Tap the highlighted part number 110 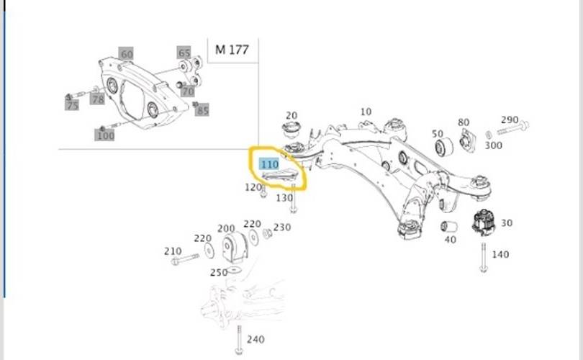pyautogui.click(x=269, y=164)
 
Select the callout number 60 pyautogui.click(x=126, y=54)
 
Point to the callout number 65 pyautogui.click(x=184, y=53)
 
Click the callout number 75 pyautogui.click(x=72, y=105)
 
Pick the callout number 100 pyautogui.click(x=105, y=135)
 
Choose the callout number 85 pyautogui.click(x=202, y=111)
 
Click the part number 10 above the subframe pyautogui.click(x=366, y=112)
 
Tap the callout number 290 pyautogui.click(x=510, y=120)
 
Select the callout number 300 pyautogui.click(x=493, y=145)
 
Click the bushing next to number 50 pyautogui.click(x=444, y=147)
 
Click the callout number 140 pyautogui.click(x=500, y=254)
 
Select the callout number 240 pyautogui.click(x=255, y=339)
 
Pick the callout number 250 pyautogui.click(x=217, y=272)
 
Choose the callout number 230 pyautogui.click(x=281, y=227)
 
